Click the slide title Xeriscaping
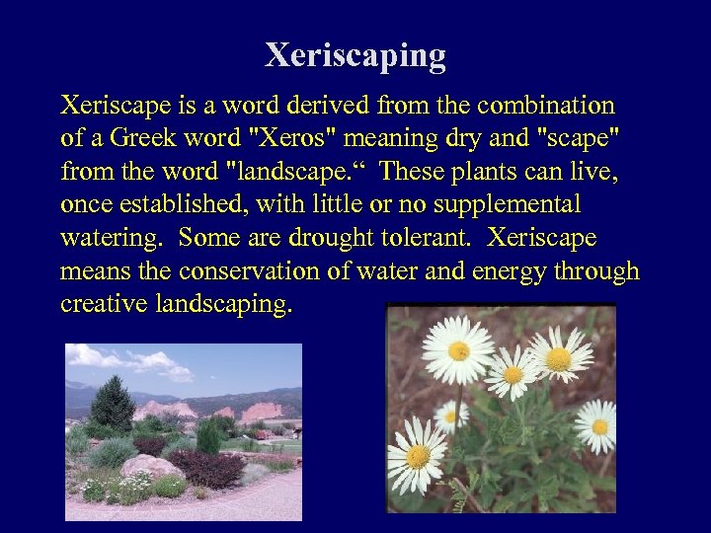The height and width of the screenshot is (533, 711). [x=355, y=55]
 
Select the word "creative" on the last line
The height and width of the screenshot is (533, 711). [x=105, y=304]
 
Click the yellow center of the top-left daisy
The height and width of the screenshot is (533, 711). [x=458, y=351]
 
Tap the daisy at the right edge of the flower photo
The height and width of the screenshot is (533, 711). [x=597, y=425]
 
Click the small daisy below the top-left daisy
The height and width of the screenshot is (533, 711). [x=451, y=415]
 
